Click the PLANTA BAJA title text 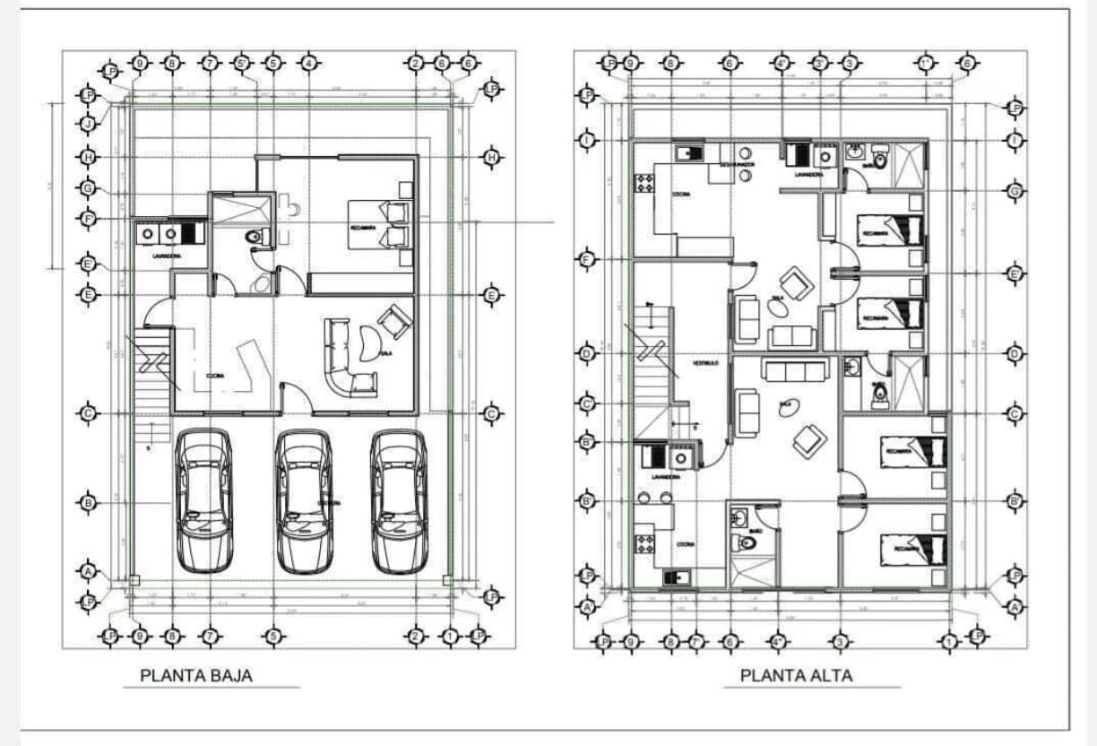pyautogui.click(x=196, y=675)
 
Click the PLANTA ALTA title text pyautogui.click(x=796, y=675)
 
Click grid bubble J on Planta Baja pyautogui.click(x=88, y=125)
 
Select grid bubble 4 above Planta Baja pyautogui.click(x=308, y=64)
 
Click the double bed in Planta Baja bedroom pyautogui.click(x=381, y=225)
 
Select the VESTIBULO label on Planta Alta pyautogui.click(x=704, y=363)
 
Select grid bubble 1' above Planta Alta pyautogui.click(x=925, y=64)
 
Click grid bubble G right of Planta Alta pyautogui.click(x=1015, y=191)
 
